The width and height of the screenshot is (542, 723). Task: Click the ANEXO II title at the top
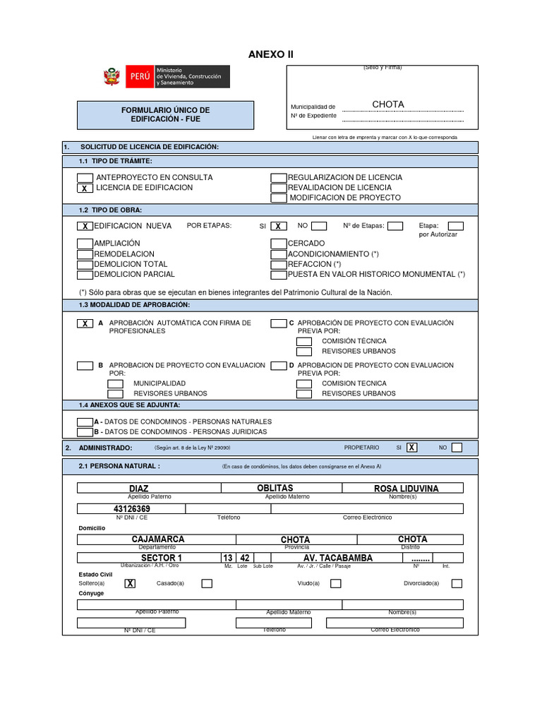pyautogui.click(x=270, y=54)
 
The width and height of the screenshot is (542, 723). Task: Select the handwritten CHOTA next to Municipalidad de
pyautogui.click(x=388, y=104)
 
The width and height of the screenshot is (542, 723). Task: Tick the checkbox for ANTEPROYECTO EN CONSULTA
pyautogui.click(x=85, y=178)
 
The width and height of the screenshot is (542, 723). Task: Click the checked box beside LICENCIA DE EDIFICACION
pyautogui.click(x=85, y=189)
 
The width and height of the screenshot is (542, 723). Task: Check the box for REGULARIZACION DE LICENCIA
pyautogui.click(x=279, y=178)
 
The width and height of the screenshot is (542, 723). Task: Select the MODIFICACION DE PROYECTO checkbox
pyautogui.click(x=279, y=198)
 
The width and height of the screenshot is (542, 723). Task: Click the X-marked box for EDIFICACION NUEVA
pyautogui.click(x=85, y=226)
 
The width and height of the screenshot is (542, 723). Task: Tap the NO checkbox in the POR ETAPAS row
pyautogui.click(x=319, y=226)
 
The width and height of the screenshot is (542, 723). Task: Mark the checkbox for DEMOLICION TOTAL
pyautogui.click(x=85, y=264)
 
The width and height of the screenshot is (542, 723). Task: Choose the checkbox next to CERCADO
pyautogui.click(x=279, y=244)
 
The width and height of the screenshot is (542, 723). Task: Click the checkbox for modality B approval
pyautogui.click(x=85, y=366)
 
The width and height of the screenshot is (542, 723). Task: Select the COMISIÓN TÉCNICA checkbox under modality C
pyautogui.click(x=303, y=341)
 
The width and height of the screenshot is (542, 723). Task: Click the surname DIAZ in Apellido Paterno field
pyautogui.click(x=138, y=489)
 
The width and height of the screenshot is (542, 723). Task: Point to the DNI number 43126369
pyautogui.click(x=132, y=509)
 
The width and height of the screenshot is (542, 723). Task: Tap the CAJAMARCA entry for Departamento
pyautogui.click(x=158, y=539)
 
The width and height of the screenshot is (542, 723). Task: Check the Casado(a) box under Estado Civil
pyautogui.click(x=207, y=583)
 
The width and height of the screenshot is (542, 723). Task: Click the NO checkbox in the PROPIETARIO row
pyautogui.click(x=457, y=447)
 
